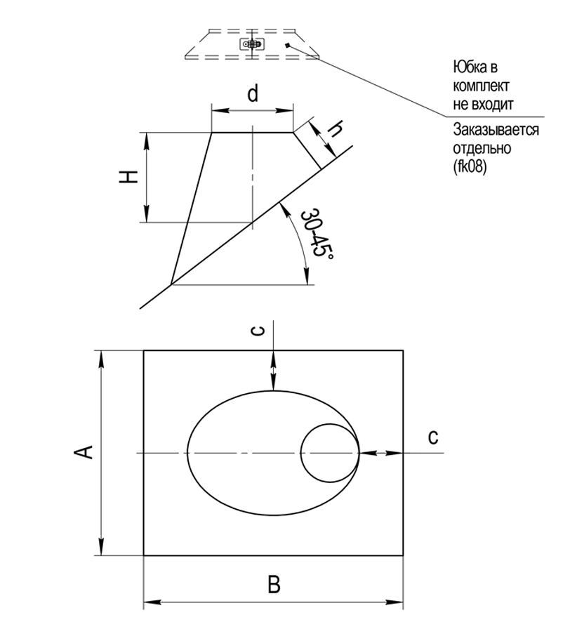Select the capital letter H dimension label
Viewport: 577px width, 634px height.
coord(127,178)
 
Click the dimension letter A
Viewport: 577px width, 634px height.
coord(84,452)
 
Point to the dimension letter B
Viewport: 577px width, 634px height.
coord(274,584)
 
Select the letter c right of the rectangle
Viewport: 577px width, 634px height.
coord(433,437)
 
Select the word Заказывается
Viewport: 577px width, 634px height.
coord(496,131)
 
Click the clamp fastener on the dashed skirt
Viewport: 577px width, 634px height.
coord(252,44)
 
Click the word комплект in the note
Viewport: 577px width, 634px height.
coord(482,86)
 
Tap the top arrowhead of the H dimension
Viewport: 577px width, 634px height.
coord(146,137)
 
